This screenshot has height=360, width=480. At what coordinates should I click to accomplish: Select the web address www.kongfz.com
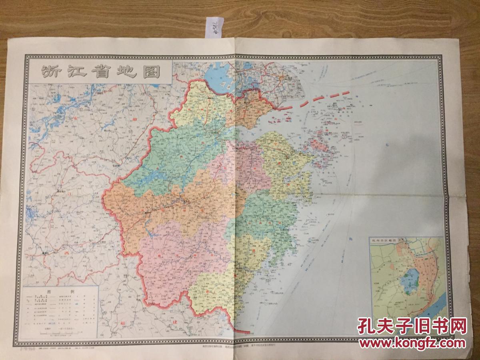(x=412, y=343)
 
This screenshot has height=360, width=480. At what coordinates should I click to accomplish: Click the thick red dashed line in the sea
(x=316, y=99)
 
